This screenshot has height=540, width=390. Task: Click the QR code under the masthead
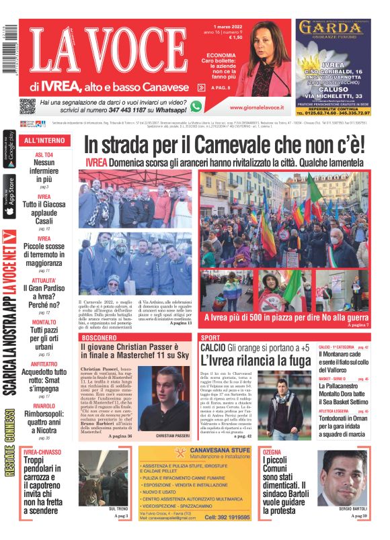pos(27,106)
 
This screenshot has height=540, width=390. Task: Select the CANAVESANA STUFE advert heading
pos(194,453)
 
